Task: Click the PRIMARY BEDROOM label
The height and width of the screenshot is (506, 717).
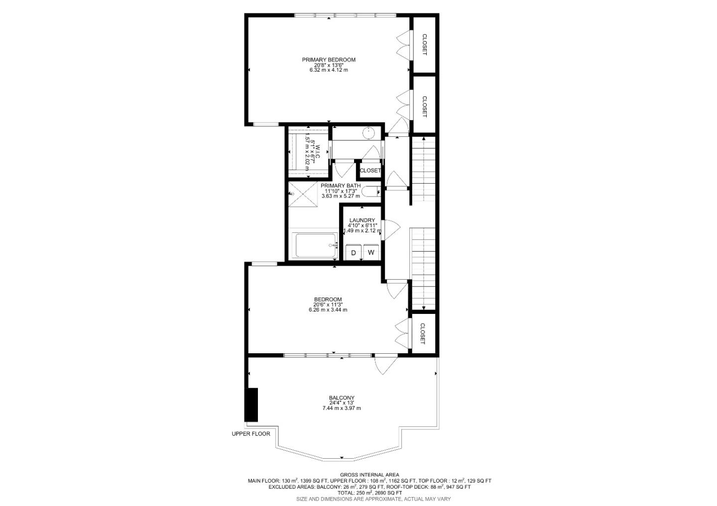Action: (329, 60)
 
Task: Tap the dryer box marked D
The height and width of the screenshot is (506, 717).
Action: (354, 252)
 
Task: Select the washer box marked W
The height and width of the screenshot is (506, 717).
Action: (371, 252)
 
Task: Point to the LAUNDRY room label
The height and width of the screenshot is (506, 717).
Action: (362, 220)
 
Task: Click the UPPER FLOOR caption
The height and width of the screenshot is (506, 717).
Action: (251, 434)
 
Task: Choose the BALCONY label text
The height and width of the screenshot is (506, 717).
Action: (342, 398)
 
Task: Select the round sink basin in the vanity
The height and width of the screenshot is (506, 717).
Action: (368, 133)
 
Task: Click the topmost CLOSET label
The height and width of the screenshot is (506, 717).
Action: (424, 44)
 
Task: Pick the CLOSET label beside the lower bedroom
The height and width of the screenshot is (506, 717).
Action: (422, 333)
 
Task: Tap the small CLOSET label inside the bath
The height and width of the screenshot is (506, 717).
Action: (370, 171)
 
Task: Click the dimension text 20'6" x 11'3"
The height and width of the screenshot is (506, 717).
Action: (328, 304)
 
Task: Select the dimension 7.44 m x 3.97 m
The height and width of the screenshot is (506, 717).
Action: (342, 408)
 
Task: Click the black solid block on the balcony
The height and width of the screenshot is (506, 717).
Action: (251, 405)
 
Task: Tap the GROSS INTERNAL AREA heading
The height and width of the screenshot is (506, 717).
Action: (369, 475)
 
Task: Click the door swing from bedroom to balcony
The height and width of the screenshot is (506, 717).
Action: (383, 366)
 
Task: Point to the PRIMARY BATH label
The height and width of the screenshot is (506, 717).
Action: (341, 186)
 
